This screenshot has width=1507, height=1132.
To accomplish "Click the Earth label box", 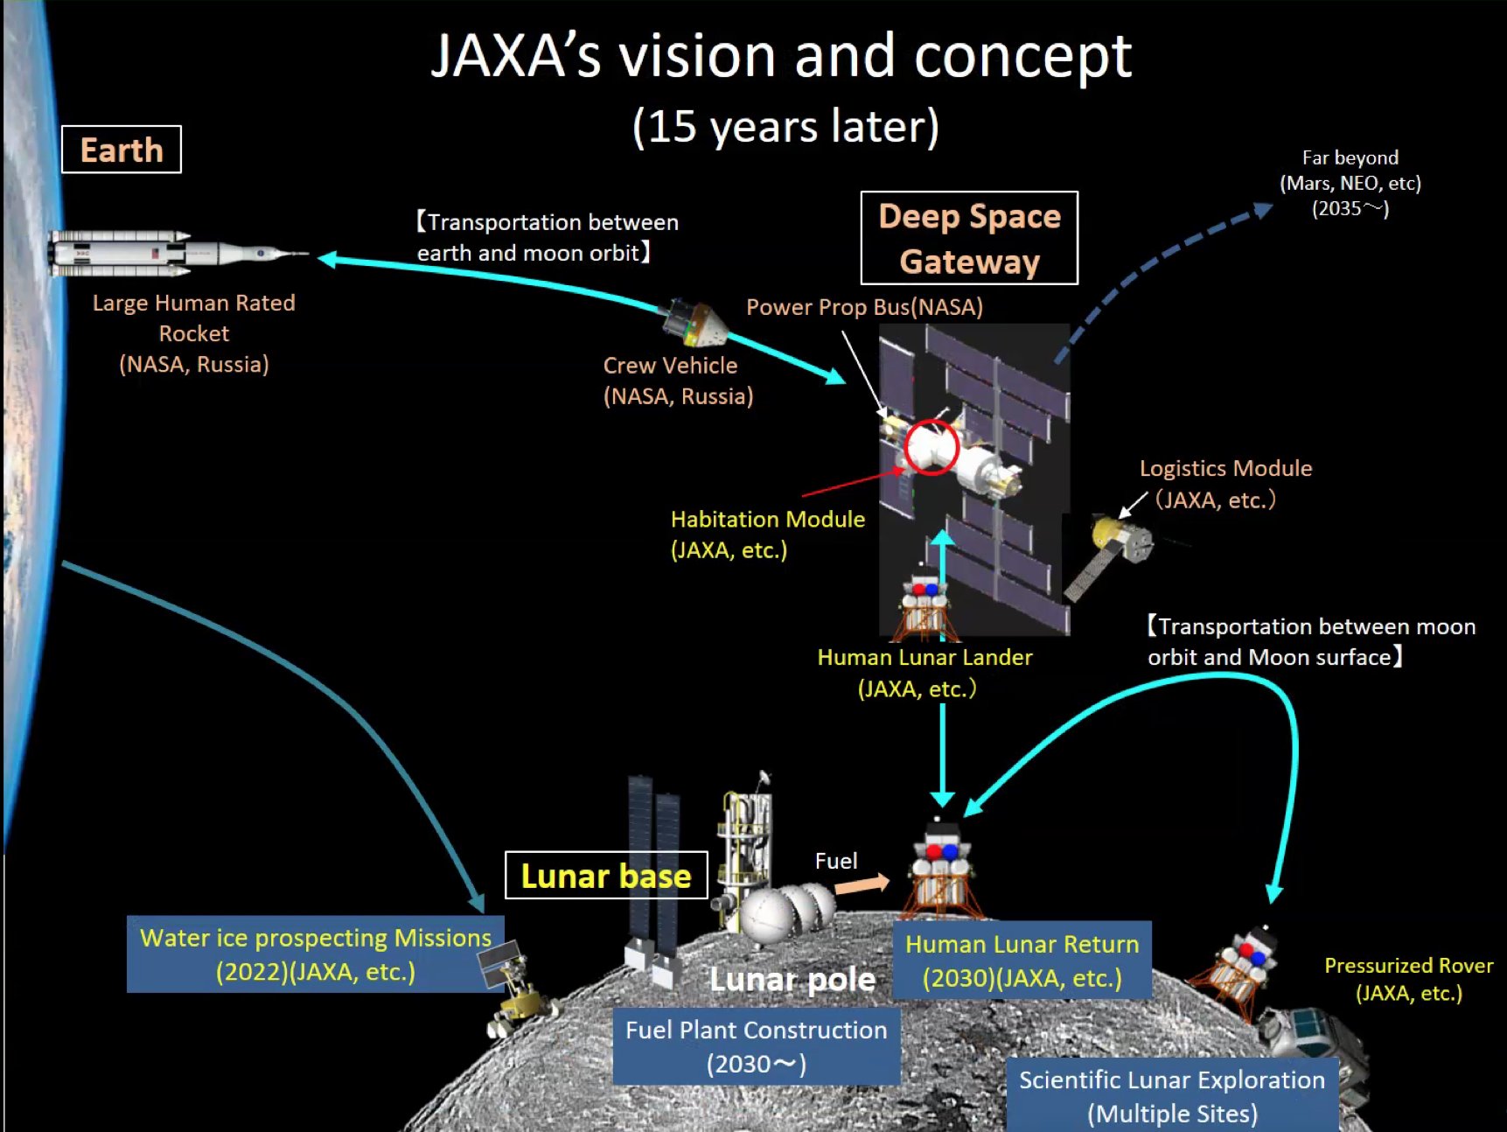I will [x=122, y=150].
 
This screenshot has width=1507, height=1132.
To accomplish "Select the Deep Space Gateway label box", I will [x=969, y=238].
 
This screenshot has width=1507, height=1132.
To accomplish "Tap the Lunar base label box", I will [x=606, y=876].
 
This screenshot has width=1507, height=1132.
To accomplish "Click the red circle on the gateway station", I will [x=931, y=447].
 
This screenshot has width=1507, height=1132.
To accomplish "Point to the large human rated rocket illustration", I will [x=175, y=254].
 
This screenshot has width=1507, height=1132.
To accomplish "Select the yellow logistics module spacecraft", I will [x=1120, y=539].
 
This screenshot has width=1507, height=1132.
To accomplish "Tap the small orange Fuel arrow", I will [x=862, y=884].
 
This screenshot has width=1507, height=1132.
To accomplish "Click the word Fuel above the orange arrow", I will [x=836, y=861].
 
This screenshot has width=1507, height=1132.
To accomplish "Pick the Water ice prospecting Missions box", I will [x=315, y=954].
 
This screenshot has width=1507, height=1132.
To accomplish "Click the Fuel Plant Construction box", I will [x=756, y=1046].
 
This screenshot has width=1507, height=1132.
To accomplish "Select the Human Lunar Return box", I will [x=1022, y=961].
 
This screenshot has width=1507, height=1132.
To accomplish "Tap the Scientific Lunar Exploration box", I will [x=1172, y=1096].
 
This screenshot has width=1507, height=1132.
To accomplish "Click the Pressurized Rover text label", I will [x=1408, y=979].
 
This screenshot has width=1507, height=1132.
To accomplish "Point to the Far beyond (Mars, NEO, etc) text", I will [x=1350, y=183].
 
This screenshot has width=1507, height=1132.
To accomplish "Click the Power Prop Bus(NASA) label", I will [x=864, y=307].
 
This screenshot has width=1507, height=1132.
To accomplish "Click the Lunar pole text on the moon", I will [x=792, y=980].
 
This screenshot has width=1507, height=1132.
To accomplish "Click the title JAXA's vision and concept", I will [x=781, y=56].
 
